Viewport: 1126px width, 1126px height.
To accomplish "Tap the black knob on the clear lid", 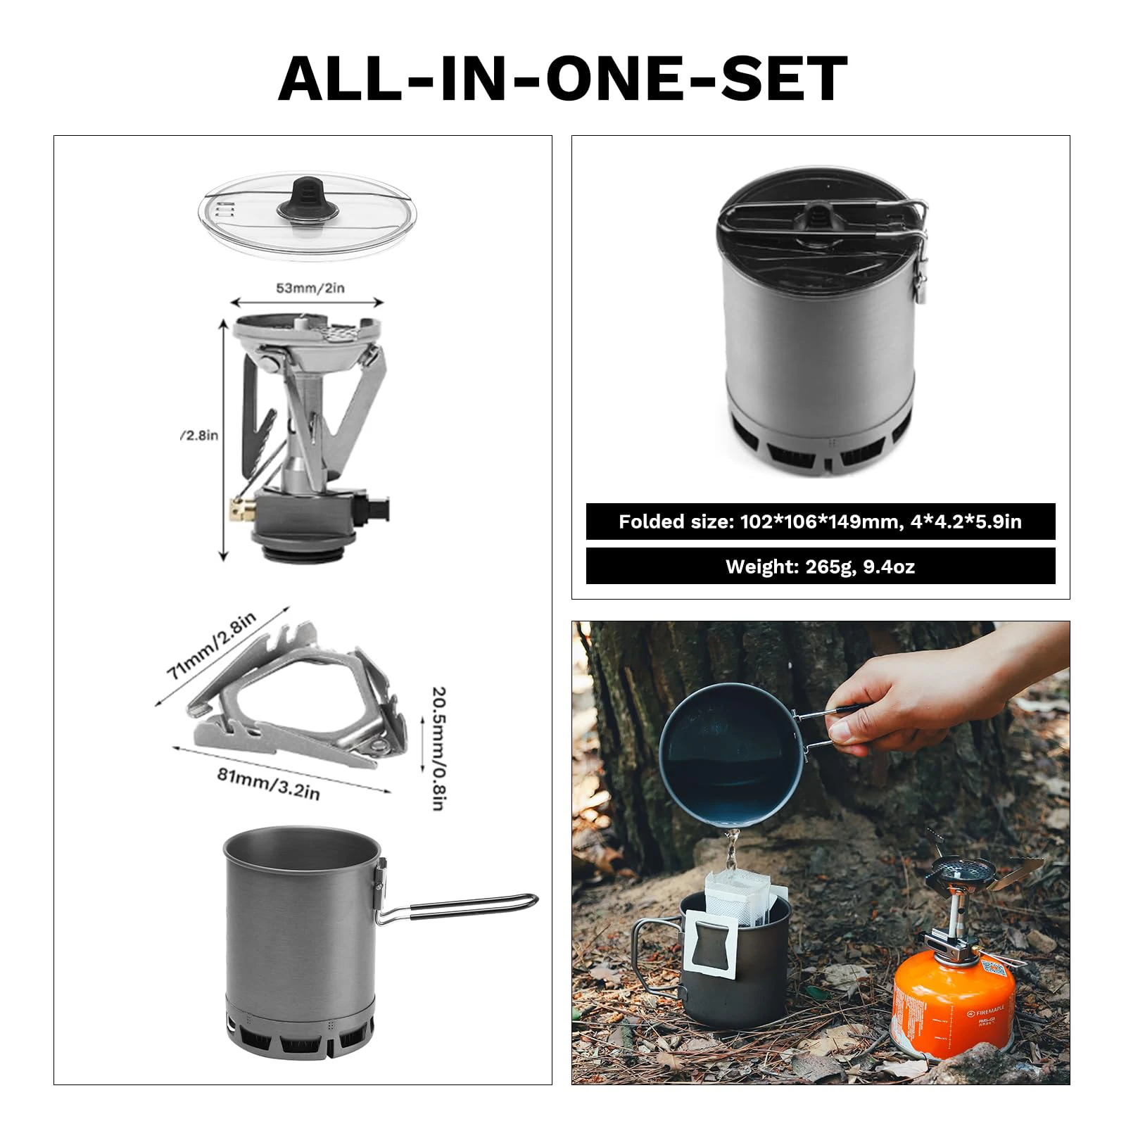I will tap(305, 199).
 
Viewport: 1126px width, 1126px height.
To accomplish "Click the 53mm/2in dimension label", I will tap(310, 288).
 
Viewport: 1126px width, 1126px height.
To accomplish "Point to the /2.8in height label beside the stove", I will tap(199, 436).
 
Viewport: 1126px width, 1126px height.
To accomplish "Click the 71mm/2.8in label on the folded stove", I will tap(212, 645).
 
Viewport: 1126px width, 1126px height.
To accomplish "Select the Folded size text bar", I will tap(820, 521).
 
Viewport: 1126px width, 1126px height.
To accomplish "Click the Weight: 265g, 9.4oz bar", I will tap(820, 567).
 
